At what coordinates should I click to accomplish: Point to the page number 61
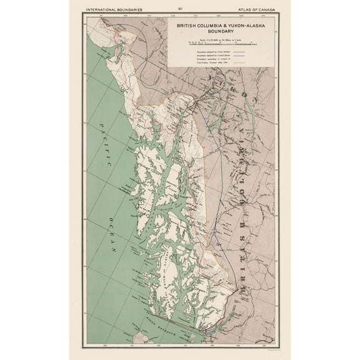[180, 8]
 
